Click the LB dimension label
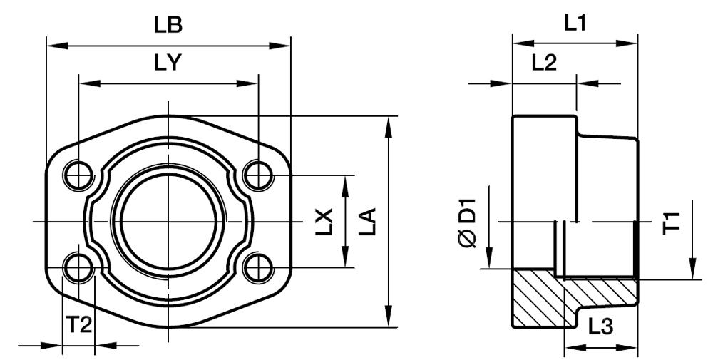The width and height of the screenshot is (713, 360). pyautogui.click(x=168, y=25)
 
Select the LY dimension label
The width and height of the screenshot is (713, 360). pyautogui.click(x=168, y=63)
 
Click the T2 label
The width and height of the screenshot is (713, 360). pyautogui.click(x=79, y=325)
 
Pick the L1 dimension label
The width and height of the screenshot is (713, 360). pyautogui.click(x=575, y=24)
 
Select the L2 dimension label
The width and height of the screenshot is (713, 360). pyautogui.click(x=543, y=63)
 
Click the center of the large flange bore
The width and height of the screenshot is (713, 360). pyautogui.click(x=168, y=222)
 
